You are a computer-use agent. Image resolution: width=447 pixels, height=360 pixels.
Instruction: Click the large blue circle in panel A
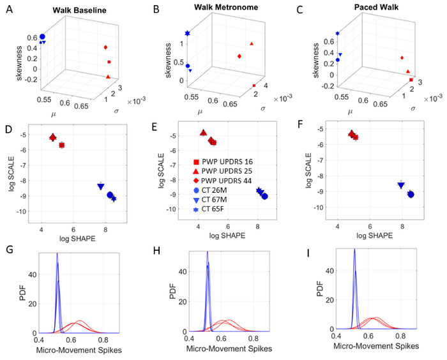(42, 37)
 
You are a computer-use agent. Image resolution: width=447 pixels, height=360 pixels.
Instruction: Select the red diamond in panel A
(105, 47)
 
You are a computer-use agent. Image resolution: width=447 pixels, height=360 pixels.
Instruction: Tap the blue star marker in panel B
(188, 33)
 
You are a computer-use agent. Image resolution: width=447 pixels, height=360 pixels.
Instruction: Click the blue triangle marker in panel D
(101, 186)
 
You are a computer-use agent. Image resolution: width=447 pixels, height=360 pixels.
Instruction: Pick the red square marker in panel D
(62, 145)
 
